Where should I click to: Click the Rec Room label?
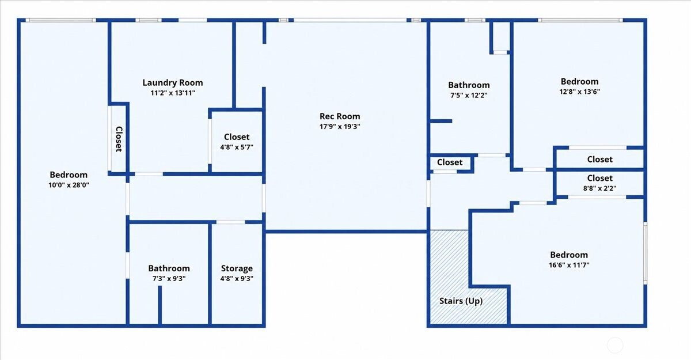(x=340, y=116)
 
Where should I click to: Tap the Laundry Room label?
(x=173, y=83)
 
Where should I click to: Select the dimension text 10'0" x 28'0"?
(x=69, y=185)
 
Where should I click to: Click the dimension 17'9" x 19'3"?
(x=340, y=127)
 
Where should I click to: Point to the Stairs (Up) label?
(x=461, y=301)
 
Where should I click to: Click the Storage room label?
(x=237, y=268)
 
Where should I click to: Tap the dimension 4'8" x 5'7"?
(x=237, y=147)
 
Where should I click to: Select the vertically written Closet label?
(x=119, y=139)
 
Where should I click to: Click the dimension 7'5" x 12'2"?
(x=469, y=95)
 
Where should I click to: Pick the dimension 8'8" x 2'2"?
(x=599, y=188)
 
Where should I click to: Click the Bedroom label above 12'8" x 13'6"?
(x=579, y=81)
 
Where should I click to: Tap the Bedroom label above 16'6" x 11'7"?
(x=569, y=255)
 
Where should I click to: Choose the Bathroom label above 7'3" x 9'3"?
(x=169, y=268)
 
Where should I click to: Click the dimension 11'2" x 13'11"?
(x=173, y=93)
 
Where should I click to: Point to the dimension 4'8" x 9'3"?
(x=237, y=279)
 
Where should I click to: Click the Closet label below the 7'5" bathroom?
(x=450, y=162)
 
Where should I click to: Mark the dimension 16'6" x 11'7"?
(x=569, y=265)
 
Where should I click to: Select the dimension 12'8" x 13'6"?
(x=579, y=92)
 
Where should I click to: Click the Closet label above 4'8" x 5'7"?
(x=237, y=137)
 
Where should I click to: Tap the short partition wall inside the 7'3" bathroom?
(x=160, y=305)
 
